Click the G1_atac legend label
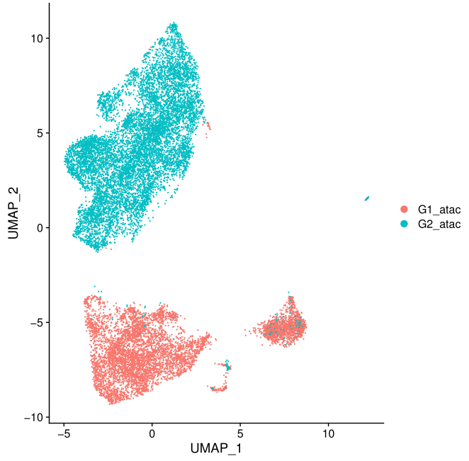point(439,209)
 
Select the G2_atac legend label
point(439,224)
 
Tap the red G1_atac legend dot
point(405,209)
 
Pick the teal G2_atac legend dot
point(405,224)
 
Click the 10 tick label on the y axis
point(35,38)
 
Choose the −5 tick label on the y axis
point(35,323)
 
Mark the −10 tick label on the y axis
point(32,417)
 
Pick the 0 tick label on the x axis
point(152,432)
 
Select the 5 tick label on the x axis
point(240,432)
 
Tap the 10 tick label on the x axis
point(329,432)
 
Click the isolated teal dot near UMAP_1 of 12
point(367,198)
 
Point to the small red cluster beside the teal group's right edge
point(208,126)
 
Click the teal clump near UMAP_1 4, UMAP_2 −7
point(227,366)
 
